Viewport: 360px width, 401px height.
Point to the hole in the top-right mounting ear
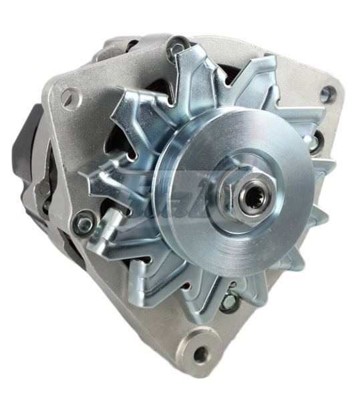pos(327,94)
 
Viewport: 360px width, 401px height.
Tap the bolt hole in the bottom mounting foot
pos(201,354)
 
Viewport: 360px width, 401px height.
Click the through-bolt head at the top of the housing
pos(177,47)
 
